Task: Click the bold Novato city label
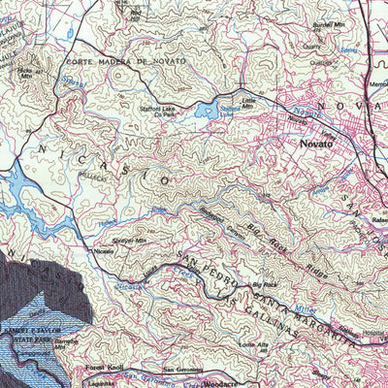[x=317, y=143]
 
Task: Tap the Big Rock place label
[x=263, y=284]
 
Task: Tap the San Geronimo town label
[x=182, y=370]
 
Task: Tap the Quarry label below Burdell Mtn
[x=311, y=46]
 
